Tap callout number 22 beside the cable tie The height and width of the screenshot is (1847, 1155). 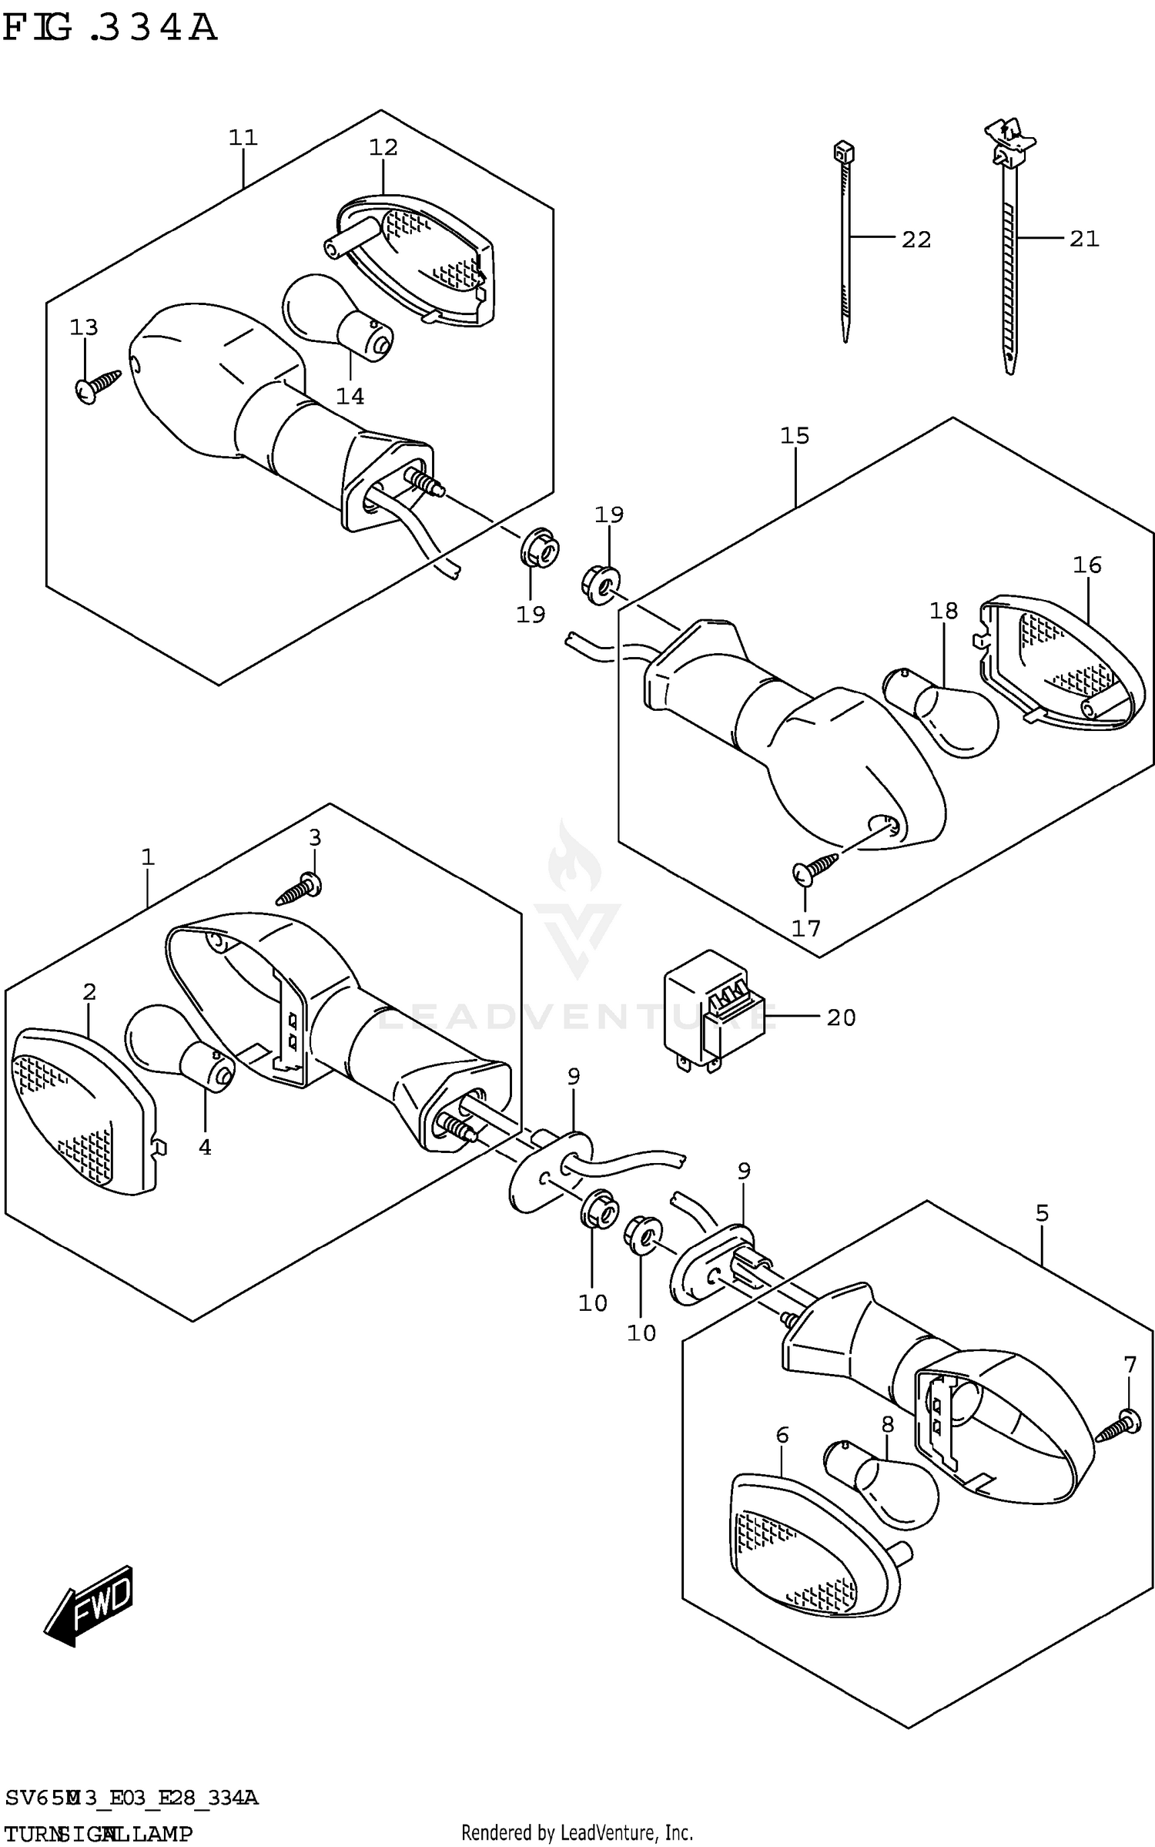[x=916, y=240]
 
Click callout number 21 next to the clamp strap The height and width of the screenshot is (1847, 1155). [x=1084, y=239]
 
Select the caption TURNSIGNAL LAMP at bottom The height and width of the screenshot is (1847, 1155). [x=99, y=1833]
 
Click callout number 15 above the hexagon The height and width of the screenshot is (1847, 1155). [x=795, y=436]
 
